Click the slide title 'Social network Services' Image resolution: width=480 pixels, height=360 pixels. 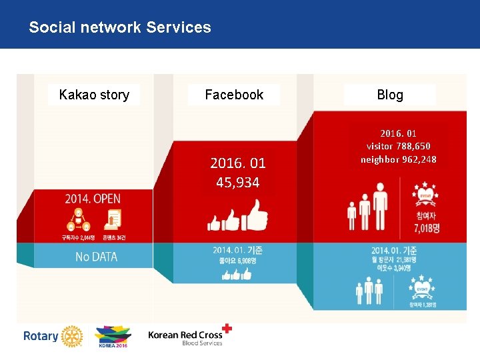(x=120, y=27)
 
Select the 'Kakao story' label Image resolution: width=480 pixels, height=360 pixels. (x=94, y=95)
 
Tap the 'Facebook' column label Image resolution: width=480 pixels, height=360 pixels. (x=234, y=95)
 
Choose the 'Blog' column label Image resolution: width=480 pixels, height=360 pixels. (x=390, y=95)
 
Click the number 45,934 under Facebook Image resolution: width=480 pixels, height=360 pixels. (x=238, y=183)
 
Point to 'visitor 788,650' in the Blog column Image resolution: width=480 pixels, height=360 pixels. (x=399, y=145)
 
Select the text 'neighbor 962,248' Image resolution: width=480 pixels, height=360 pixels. (x=399, y=159)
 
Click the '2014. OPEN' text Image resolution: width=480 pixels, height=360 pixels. (x=93, y=199)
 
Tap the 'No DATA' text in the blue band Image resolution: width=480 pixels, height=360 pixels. (x=96, y=257)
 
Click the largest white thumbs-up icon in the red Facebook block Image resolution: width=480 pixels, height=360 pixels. (x=254, y=216)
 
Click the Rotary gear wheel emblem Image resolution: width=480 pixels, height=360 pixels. (x=71, y=336)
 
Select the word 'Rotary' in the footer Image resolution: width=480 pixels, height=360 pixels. (x=41, y=336)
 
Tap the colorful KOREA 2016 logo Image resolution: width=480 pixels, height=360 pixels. (x=113, y=336)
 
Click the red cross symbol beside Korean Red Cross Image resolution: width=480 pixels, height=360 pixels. (x=227, y=328)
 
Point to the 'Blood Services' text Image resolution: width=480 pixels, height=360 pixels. (x=202, y=343)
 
